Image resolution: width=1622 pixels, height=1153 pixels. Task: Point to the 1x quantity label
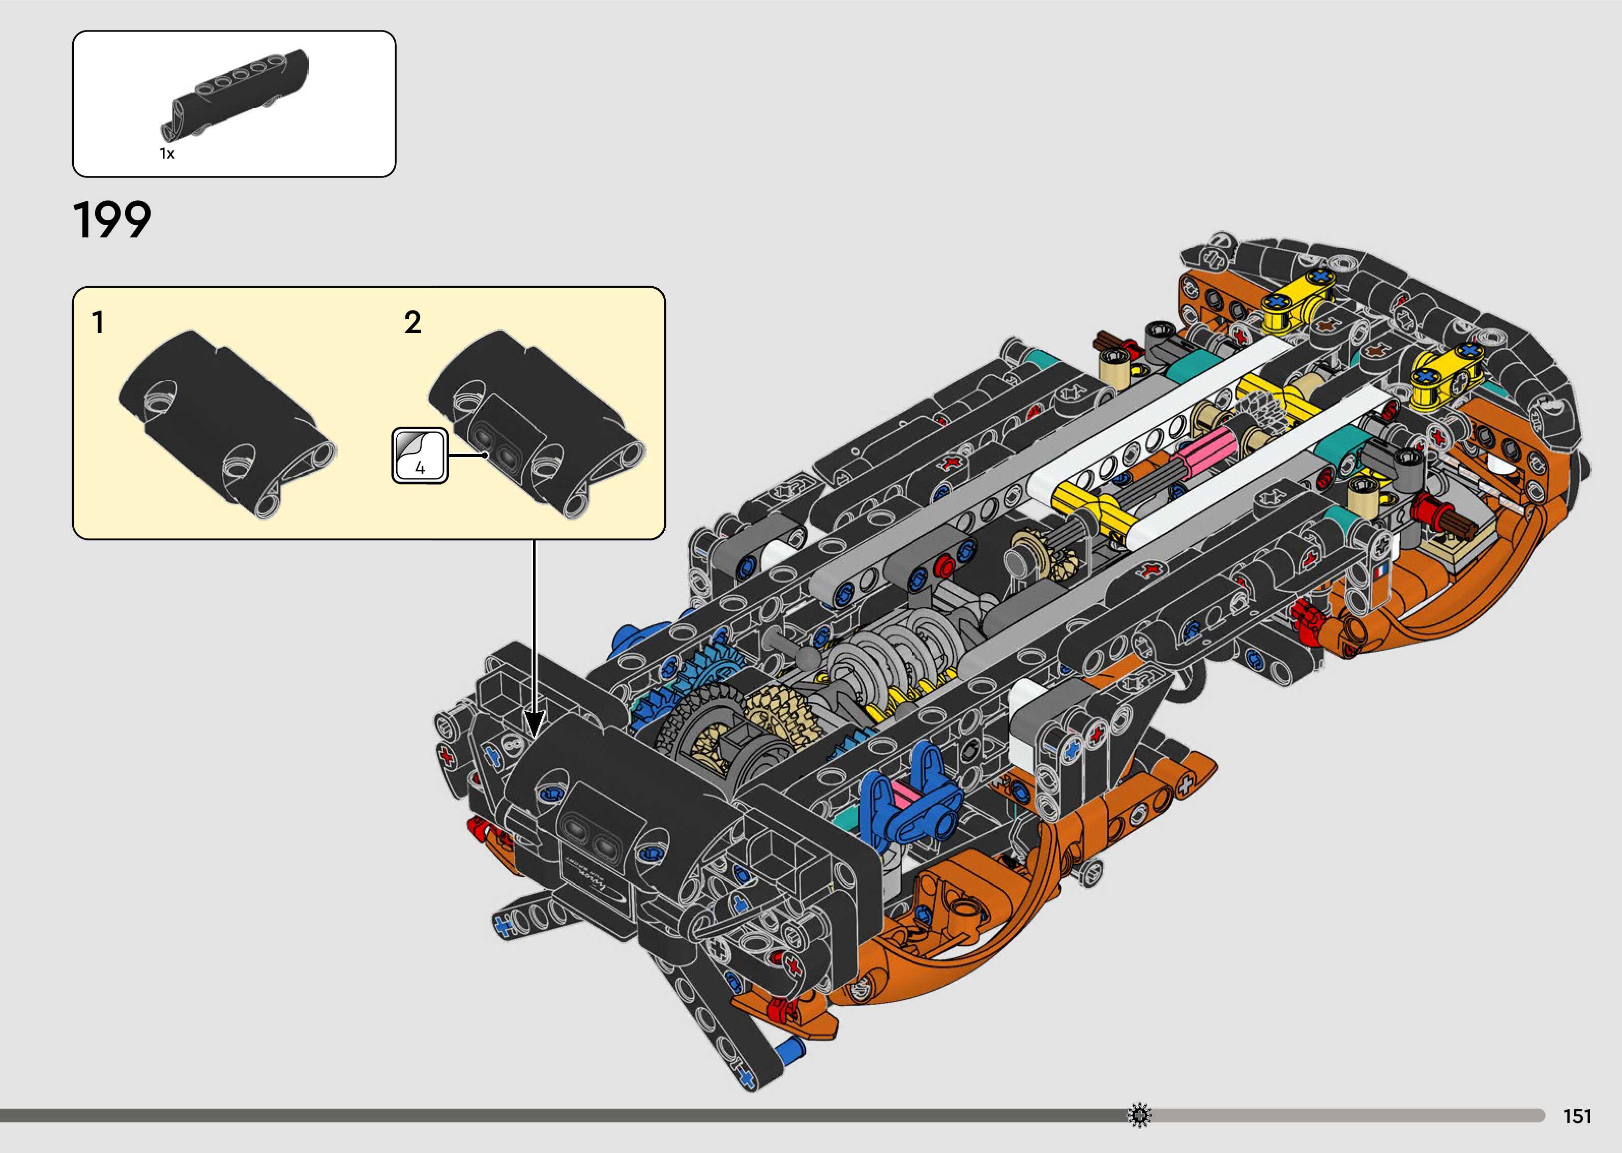[167, 154]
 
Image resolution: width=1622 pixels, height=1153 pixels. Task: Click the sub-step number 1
[99, 323]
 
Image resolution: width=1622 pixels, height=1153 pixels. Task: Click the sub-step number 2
[412, 323]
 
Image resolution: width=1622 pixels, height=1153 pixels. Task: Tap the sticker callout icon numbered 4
[420, 455]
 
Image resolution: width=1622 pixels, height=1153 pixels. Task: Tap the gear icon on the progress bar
[1139, 1115]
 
